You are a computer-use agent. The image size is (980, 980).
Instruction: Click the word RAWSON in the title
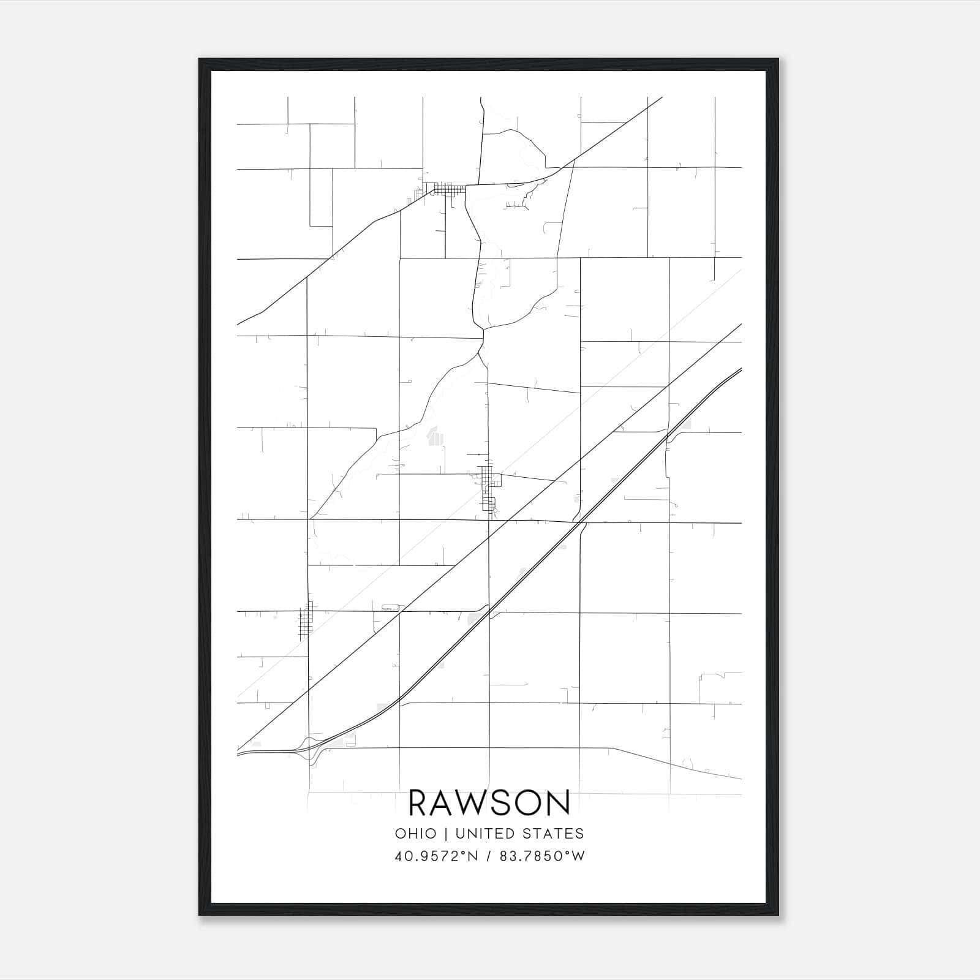point(489,803)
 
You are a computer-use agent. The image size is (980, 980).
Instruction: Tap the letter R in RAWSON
point(420,803)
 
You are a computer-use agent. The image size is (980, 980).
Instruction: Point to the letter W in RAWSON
point(482,803)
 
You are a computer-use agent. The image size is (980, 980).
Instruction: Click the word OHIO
point(416,834)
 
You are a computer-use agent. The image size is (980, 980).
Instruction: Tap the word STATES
point(557,834)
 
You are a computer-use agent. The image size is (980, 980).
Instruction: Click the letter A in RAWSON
point(450,803)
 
